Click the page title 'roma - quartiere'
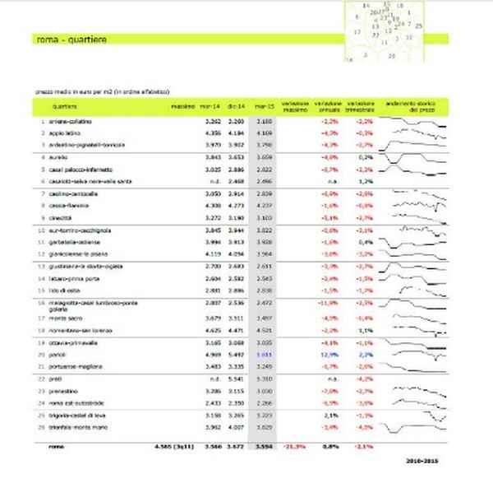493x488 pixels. click(72, 40)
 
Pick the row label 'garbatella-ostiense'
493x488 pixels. click(73, 244)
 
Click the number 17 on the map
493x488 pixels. click(357, 31)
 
